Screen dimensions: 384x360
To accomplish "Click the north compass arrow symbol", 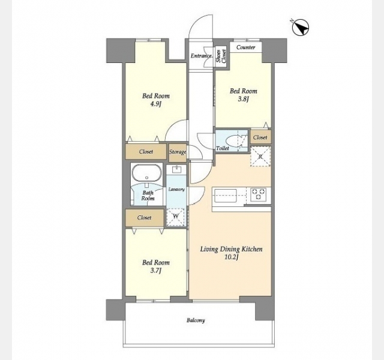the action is coord(301,27).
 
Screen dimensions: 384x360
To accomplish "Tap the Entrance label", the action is coord(202,56).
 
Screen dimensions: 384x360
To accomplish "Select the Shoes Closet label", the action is coord(221,56).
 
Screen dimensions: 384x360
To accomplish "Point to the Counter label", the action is coord(246,47).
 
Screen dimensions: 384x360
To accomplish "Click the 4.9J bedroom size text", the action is coord(156,104).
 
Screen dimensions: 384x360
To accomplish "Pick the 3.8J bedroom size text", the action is coord(243,99).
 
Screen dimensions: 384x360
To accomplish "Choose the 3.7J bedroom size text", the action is coord(156,271).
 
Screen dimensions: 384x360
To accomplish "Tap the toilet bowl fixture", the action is coord(235,142).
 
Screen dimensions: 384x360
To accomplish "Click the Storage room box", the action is coord(178,153).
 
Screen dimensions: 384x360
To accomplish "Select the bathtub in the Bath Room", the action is coord(146,173).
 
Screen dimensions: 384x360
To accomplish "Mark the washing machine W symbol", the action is coord(176,217).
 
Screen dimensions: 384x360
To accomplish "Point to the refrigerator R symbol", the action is coord(260,157).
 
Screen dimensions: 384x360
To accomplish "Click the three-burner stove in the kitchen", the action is coord(259,194).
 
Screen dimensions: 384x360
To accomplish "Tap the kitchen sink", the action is coord(226,196).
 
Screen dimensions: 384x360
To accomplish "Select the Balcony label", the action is coord(196,320).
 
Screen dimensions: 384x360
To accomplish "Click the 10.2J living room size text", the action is coord(231,257).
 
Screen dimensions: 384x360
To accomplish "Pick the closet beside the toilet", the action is coord(260,137).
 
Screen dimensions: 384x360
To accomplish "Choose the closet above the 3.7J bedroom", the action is coord(145,218).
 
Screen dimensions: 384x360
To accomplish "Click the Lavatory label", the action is coord(176,190).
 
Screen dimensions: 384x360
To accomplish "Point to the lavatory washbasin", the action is coord(176,169).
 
